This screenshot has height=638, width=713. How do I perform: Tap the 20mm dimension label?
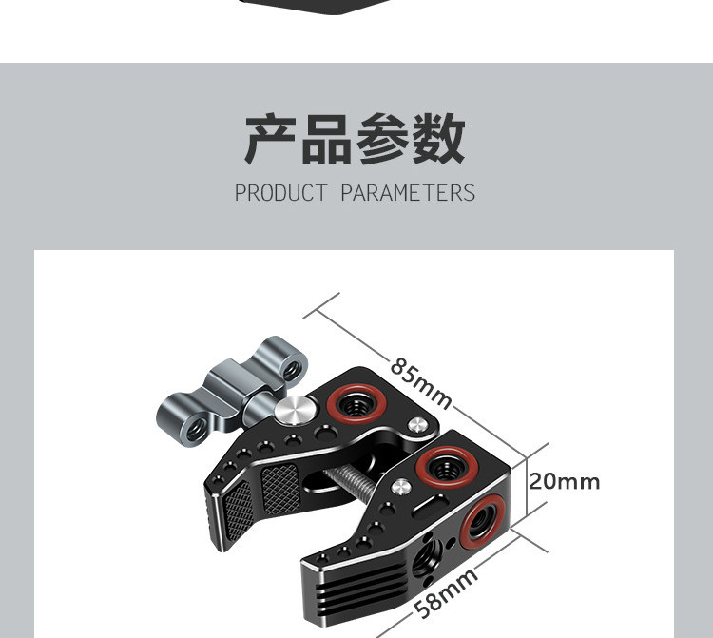[565, 481]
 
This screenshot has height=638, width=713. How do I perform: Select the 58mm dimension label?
[446, 591]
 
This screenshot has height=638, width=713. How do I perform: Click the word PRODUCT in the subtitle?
[281, 193]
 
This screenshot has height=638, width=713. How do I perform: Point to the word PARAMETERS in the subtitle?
[408, 193]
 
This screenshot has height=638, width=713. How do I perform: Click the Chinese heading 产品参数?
[356, 139]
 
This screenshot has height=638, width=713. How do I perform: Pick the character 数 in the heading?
[438, 139]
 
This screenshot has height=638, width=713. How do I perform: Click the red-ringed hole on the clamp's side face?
[481, 519]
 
